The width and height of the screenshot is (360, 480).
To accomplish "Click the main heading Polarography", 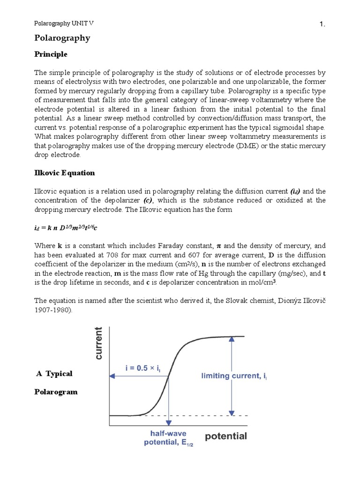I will click(x=62, y=38).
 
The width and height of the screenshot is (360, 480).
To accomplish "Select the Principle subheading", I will click(x=51, y=54).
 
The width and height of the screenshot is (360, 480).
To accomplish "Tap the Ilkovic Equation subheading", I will click(x=65, y=173).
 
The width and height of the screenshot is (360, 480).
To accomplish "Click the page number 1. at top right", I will click(x=322, y=25).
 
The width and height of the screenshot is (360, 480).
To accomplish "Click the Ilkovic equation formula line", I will click(x=66, y=228).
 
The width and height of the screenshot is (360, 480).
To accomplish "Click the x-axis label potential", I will click(x=226, y=436).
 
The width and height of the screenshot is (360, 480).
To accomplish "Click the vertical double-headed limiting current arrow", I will click(x=231, y=375).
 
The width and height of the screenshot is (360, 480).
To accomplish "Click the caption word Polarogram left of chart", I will click(x=56, y=392).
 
